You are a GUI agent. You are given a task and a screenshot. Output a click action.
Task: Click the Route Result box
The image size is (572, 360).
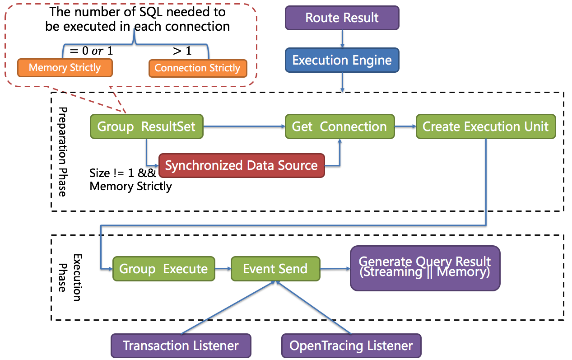tap(342, 18)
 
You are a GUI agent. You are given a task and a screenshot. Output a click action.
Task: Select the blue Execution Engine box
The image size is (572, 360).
tap(342, 61)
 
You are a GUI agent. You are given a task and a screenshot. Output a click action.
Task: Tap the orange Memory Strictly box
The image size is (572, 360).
tap(65, 68)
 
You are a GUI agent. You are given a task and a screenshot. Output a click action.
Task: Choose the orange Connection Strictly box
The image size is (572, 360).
tap(197, 68)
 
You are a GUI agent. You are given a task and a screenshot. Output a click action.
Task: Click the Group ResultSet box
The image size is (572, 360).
tap(146, 126)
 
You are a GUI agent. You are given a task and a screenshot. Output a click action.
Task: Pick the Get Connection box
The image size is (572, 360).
tap(339, 126)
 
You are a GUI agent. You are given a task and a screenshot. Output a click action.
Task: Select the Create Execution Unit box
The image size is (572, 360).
tap(485, 126)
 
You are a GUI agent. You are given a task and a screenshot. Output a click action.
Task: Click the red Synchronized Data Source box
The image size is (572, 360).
tap(241, 165)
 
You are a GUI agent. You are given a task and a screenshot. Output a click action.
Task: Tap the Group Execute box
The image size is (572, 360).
tap(163, 269)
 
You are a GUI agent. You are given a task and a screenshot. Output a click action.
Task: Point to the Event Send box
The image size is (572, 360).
tap(275, 269)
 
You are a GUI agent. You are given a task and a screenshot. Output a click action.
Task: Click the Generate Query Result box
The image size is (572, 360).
tap(424, 267)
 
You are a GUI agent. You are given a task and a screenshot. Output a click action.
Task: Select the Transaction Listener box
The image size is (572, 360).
tap(181, 346)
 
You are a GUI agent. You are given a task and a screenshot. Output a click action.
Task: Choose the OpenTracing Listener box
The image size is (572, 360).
tap(351, 346)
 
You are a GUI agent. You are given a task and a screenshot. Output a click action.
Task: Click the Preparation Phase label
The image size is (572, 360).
tap(63, 152)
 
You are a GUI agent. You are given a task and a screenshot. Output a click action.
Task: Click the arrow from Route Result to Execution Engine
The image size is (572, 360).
tap(342, 39)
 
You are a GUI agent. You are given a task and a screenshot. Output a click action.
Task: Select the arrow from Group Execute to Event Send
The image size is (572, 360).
tap(223, 269)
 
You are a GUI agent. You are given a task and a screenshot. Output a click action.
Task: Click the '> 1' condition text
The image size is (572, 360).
tap(182, 51)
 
